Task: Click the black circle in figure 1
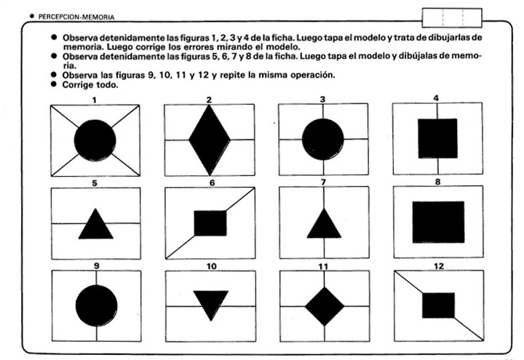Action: point(95,139)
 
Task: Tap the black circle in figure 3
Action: point(322,138)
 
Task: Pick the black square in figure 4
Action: point(437,138)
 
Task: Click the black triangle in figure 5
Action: point(95,226)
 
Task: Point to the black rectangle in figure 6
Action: point(210,223)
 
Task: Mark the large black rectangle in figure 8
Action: point(437,222)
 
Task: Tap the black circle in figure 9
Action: point(95,305)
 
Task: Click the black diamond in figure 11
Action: point(324,305)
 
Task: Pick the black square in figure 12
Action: point(438,305)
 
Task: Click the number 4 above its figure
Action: point(435,97)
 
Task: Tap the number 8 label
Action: point(437,183)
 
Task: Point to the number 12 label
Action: point(438,266)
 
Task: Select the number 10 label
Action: point(211,266)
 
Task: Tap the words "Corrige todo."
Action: point(90,84)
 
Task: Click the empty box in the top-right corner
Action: point(451,17)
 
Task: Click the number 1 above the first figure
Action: point(95,98)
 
